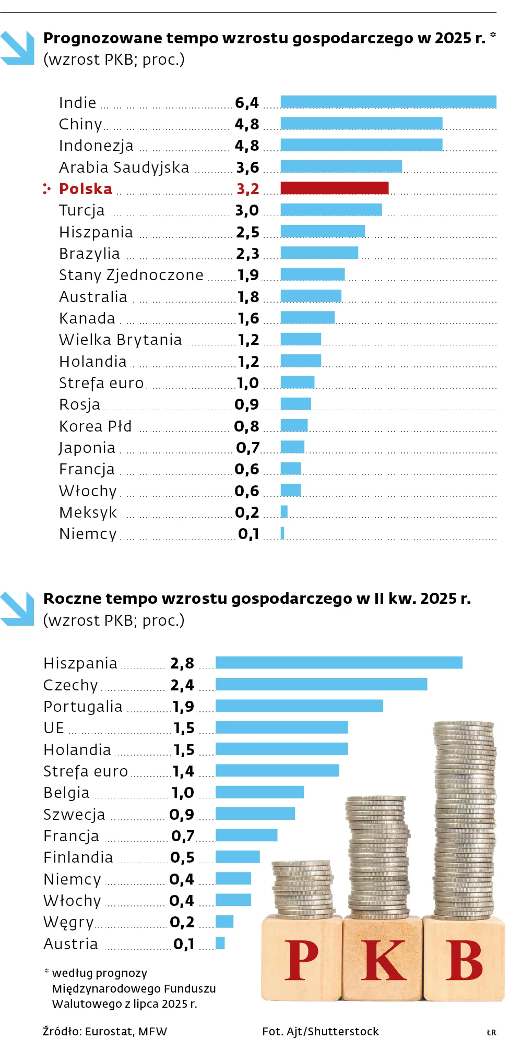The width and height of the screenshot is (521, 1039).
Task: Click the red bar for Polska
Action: click(334, 188)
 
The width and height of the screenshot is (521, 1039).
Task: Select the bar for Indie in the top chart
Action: click(388, 102)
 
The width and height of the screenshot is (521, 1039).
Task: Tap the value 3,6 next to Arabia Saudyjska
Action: click(247, 168)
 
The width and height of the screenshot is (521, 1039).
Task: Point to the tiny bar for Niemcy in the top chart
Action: click(282, 533)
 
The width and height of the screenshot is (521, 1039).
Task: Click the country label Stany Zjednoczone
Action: click(131, 275)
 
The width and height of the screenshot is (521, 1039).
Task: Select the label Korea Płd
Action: click(95, 426)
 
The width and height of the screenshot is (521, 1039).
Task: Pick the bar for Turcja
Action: click(331, 210)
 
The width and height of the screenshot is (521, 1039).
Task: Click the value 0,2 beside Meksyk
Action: click(247, 512)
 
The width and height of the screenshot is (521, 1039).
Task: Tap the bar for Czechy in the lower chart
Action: click(321, 684)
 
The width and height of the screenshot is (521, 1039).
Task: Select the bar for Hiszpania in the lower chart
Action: click(339, 662)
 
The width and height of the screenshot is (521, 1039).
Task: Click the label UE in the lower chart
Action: click(54, 727)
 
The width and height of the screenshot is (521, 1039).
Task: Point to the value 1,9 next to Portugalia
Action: click(183, 706)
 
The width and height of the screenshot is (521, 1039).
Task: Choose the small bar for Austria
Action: click(220, 942)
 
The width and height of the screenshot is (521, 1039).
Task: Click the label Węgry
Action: click(68, 922)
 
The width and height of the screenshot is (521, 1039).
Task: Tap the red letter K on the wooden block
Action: click(384, 960)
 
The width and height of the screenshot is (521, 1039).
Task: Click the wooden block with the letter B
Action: click(464, 959)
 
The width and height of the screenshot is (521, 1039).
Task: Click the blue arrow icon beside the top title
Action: click(17, 47)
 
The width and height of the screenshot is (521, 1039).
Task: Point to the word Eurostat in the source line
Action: click(108, 1031)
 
